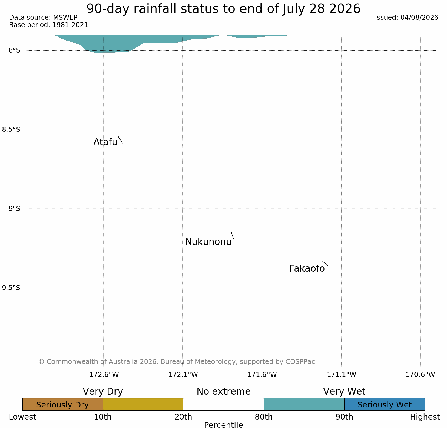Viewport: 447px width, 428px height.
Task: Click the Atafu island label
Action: [x=105, y=142]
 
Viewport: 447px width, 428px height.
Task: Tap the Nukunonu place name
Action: [x=208, y=242]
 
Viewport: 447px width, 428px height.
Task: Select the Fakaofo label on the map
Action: [x=307, y=269]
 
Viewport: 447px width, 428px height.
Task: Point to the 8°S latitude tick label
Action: [x=15, y=50]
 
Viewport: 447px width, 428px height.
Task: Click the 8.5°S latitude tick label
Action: [x=11, y=130]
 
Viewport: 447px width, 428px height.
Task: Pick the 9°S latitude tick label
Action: [x=15, y=209]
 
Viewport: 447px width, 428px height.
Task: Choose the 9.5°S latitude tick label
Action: [x=11, y=288]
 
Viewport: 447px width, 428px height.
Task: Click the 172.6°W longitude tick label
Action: [x=104, y=374]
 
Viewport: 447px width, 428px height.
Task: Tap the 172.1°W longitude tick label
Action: [x=183, y=374]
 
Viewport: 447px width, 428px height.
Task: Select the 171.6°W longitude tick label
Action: [x=262, y=374]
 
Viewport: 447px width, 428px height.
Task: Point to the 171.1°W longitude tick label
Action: [x=341, y=374]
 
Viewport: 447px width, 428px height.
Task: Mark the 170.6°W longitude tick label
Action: [x=420, y=374]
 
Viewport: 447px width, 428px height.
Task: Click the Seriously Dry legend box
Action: [x=63, y=404]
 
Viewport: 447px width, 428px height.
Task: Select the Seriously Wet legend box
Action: [x=385, y=404]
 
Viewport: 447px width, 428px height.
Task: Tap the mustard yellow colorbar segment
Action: [x=143, y=404]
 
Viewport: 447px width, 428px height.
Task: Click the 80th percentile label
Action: [x=264, y=417]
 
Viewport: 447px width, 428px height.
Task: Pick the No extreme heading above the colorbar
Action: [x=224, y=392]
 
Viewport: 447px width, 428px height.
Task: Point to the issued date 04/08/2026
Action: [x=419, y=18]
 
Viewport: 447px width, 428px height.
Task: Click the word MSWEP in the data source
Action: [x=65, y=18]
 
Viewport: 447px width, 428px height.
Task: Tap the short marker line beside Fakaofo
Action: [x=325, y=263]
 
